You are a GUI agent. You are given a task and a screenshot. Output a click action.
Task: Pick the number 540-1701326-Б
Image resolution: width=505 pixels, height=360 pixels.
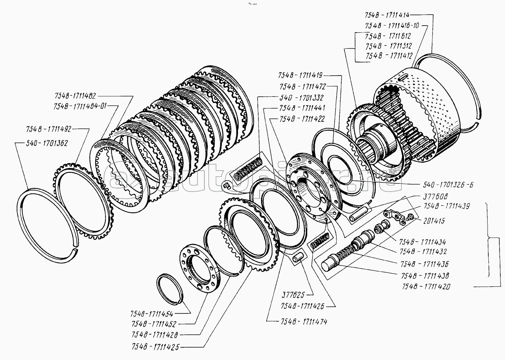pos(448,184)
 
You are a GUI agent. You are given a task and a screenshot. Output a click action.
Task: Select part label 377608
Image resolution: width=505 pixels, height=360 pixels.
pos(436,196)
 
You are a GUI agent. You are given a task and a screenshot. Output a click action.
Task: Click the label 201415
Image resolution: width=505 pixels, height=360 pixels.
pos(434,221)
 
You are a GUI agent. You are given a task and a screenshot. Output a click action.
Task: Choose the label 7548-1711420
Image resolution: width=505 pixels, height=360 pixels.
pos(425,286)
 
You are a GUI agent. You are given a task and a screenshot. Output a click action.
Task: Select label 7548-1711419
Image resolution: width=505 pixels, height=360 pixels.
pos(300,75)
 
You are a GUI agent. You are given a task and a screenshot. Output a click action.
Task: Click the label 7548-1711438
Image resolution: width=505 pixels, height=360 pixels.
pos(425,275)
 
